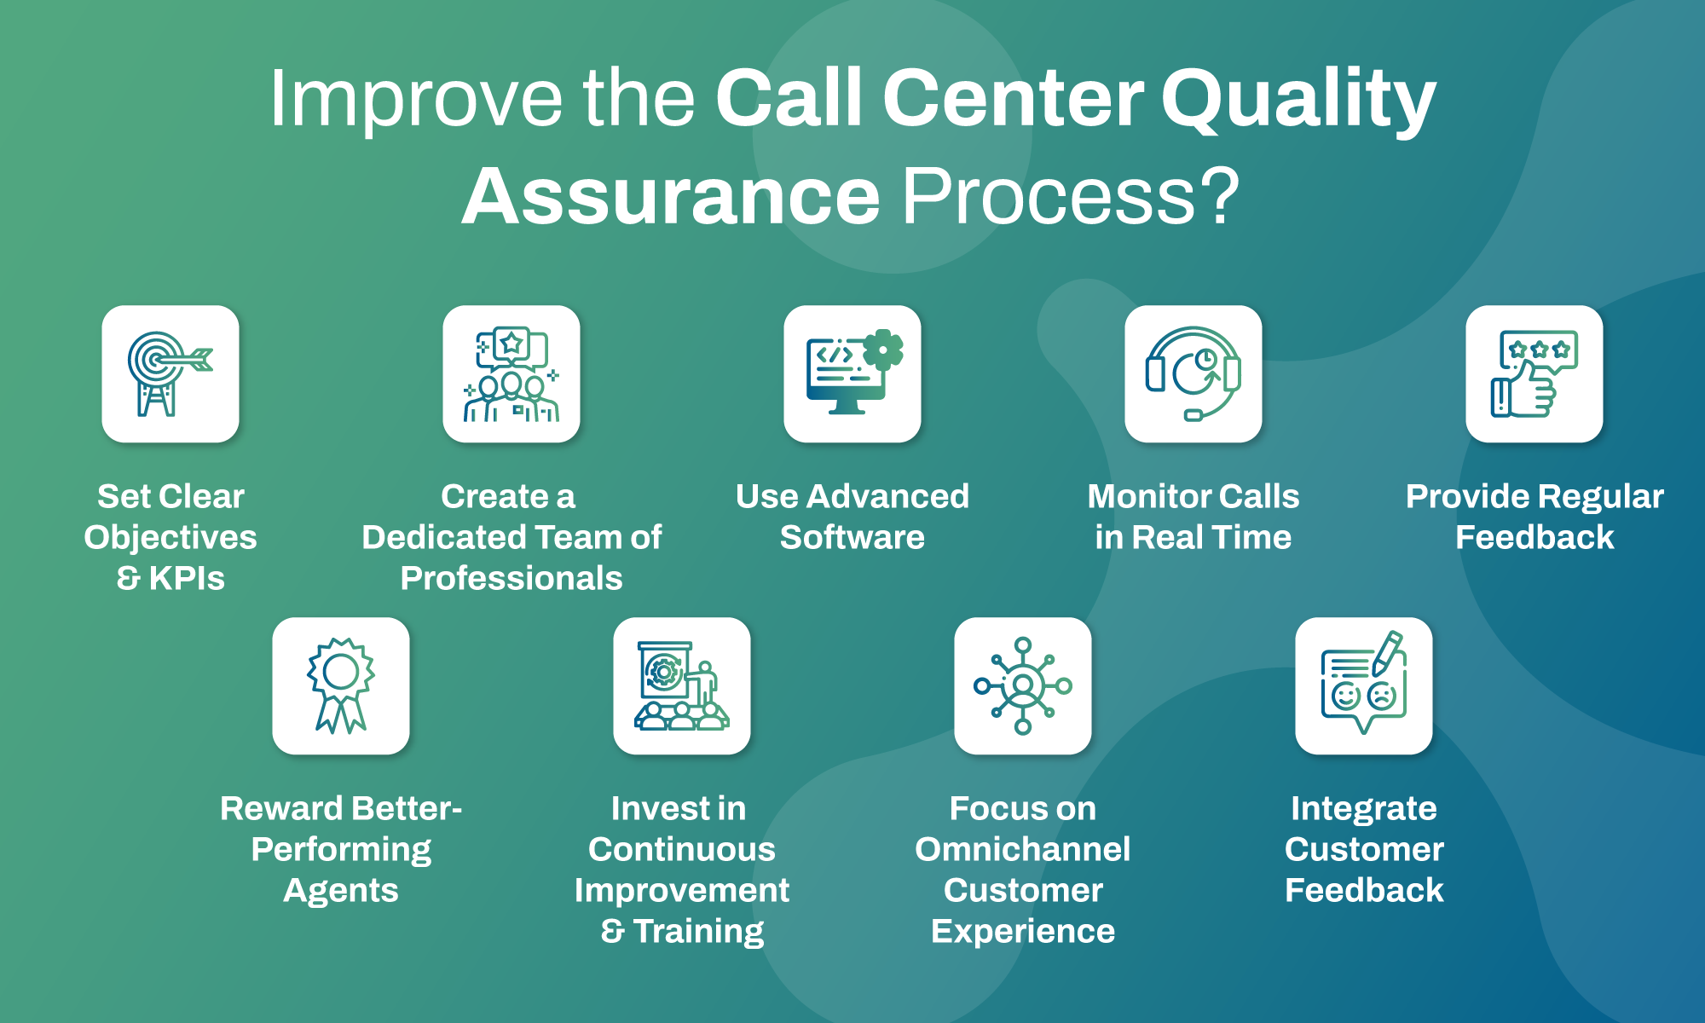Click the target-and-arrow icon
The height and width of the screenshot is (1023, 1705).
[170, 373]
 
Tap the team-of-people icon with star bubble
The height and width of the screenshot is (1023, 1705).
[511, 373]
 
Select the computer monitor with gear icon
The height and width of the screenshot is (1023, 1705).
[852, 373]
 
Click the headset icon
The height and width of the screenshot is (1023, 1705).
[1193, 373]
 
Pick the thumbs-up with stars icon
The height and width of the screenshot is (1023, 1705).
[1534, 373]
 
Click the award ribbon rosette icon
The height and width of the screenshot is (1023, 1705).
[340, 685]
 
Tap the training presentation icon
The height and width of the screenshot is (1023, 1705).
[681, 685]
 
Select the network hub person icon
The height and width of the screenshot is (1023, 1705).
[1022, 685]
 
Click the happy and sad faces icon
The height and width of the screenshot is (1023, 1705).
[1363, 685]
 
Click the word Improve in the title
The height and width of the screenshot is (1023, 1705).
[415, 100]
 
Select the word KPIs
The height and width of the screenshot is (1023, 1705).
[187, 578]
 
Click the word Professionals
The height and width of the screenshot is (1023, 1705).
[511, 578]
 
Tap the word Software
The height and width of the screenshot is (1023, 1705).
[852, 537]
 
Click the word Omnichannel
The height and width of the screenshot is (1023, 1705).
[1022, 849]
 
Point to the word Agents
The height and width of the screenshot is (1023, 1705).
[340, 891]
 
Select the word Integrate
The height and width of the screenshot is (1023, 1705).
[1363, 808]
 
